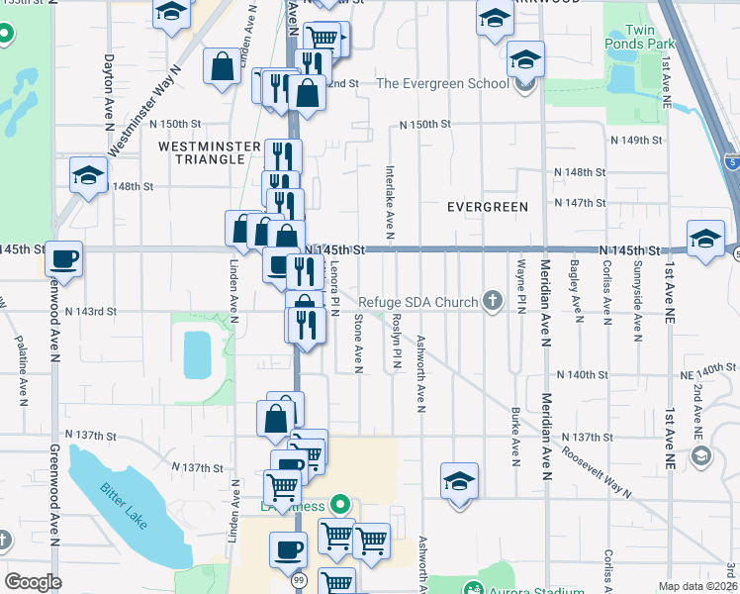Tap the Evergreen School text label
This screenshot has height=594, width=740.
tap(442, 83)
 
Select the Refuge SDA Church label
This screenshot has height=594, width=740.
tap(417, 302)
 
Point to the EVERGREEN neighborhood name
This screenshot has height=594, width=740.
tap(487, 207)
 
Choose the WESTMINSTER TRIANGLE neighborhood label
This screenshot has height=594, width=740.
tap(202, 152)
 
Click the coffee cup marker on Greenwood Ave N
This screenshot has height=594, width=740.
tap(64, 259)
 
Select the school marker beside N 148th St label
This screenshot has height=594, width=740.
tap(88, 176)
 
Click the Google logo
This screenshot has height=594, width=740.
tap(34, 582)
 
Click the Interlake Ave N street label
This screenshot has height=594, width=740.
tap(391, 202)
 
